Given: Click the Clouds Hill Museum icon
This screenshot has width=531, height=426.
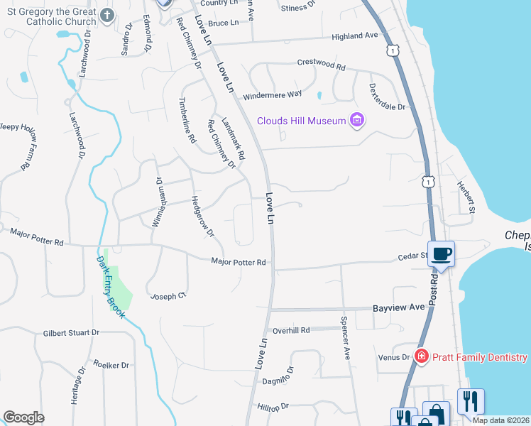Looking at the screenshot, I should coord(357,121).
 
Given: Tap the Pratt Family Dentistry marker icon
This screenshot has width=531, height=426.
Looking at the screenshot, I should coord(421,356).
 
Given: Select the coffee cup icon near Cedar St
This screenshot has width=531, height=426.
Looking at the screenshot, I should coord(441,253).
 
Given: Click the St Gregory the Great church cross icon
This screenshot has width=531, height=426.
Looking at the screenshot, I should coord(107,15).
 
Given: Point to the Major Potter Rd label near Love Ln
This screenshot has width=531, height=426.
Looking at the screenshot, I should coord(239,262).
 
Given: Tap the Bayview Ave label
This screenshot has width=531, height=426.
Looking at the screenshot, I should coord(398,307).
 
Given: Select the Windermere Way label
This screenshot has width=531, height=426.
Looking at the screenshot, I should coord(272,94).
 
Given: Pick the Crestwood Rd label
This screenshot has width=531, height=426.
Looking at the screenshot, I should coord(321,65).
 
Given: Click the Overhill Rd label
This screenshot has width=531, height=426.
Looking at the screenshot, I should coord(291,330).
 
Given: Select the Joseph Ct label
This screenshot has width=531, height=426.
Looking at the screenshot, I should coord(168,295).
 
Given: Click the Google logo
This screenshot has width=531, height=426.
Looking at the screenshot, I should coord(24,417).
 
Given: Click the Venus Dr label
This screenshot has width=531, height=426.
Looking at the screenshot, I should coord(394,357).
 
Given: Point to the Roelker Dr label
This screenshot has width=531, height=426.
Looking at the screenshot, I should coord(110,365).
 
